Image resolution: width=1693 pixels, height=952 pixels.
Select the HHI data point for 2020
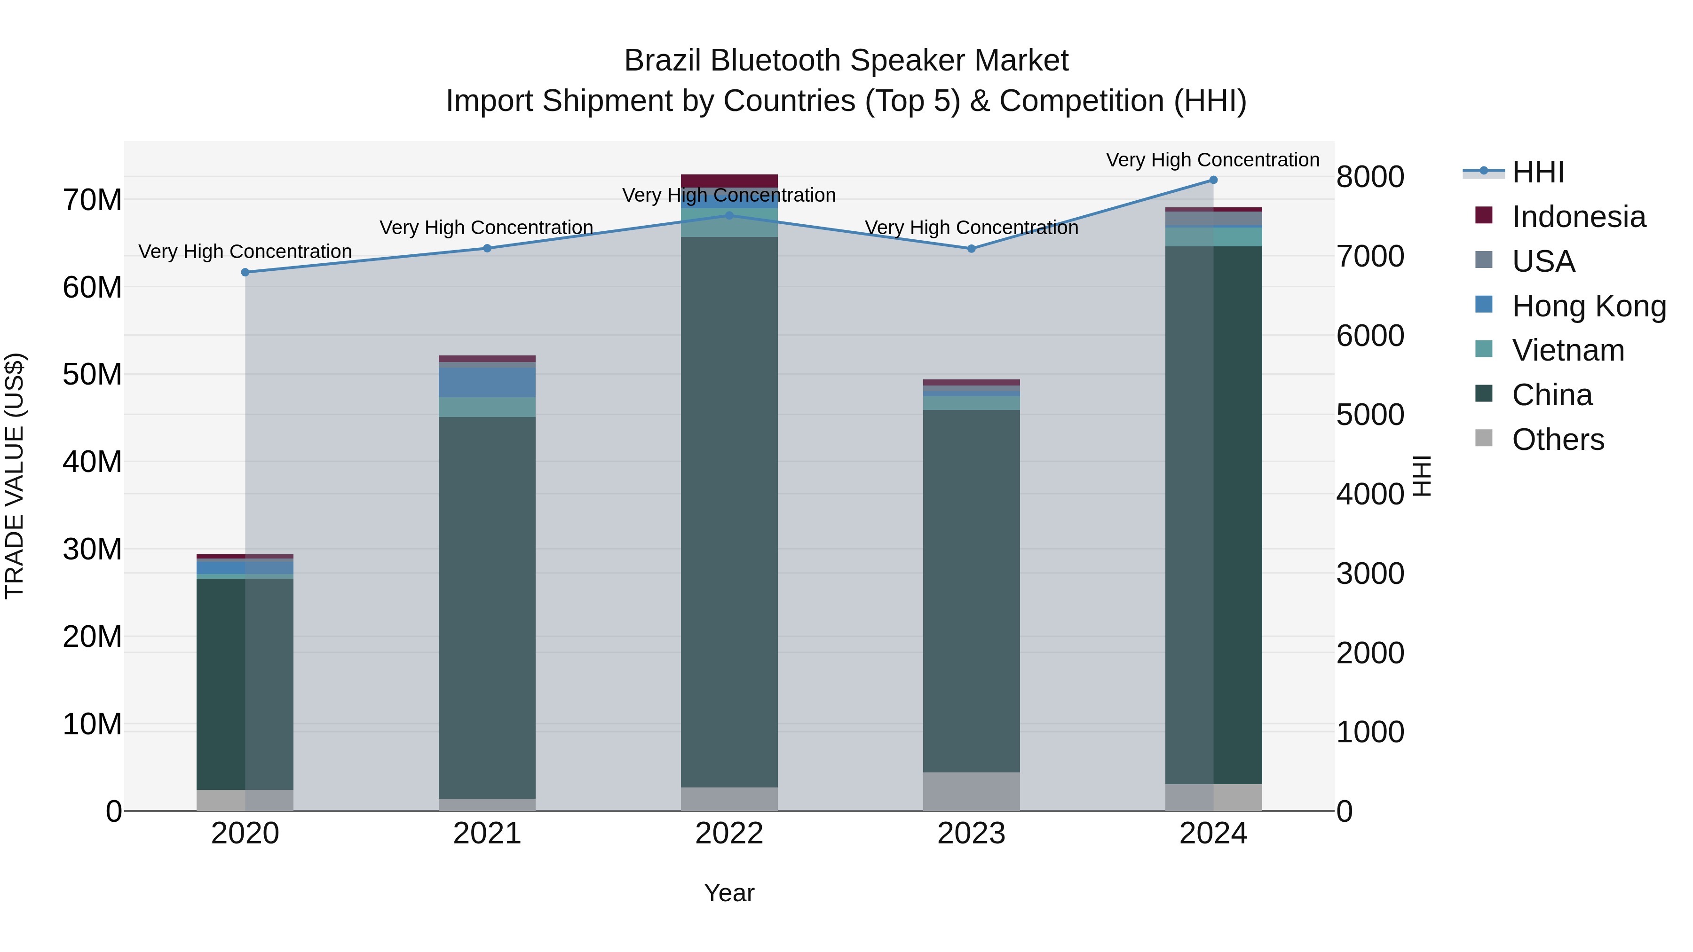point(245,272)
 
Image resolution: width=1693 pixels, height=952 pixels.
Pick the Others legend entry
point(1557,440)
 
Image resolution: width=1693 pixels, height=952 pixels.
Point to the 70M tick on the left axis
point(92,200)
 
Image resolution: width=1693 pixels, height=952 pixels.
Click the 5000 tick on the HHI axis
point(1370,415)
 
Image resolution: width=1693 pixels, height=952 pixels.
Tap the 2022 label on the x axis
point(729,834)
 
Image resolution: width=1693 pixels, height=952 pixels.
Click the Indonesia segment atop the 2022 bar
point(729,181)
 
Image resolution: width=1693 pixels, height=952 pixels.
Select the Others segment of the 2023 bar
point(972,791)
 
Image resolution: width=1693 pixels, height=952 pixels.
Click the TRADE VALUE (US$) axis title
point(15,476)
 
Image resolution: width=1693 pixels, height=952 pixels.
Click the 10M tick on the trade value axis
point(92,724)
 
